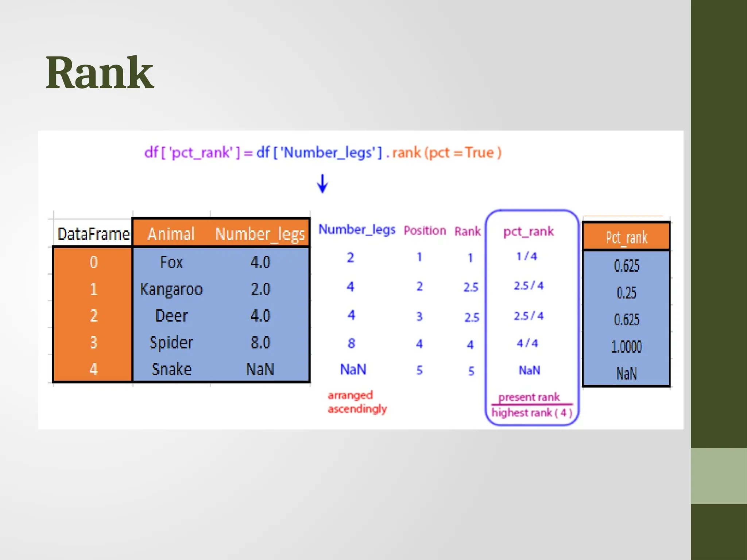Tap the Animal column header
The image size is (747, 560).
171,234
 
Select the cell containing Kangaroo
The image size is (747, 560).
171,289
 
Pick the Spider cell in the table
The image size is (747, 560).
171,342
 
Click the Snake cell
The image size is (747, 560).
171,369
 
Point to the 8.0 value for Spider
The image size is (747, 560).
260,342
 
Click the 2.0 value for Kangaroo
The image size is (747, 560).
260,289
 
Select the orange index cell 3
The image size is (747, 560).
93,342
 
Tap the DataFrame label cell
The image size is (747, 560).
93,234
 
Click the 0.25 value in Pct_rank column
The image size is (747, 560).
626,293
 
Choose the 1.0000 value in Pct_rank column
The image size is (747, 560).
626,346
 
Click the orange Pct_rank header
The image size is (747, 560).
626,237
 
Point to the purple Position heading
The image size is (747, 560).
425,230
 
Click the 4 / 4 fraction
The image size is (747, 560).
527,343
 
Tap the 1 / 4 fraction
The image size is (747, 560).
527,256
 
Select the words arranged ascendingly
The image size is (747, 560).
357,402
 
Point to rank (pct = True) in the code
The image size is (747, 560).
446,152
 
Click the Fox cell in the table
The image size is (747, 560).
171,262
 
